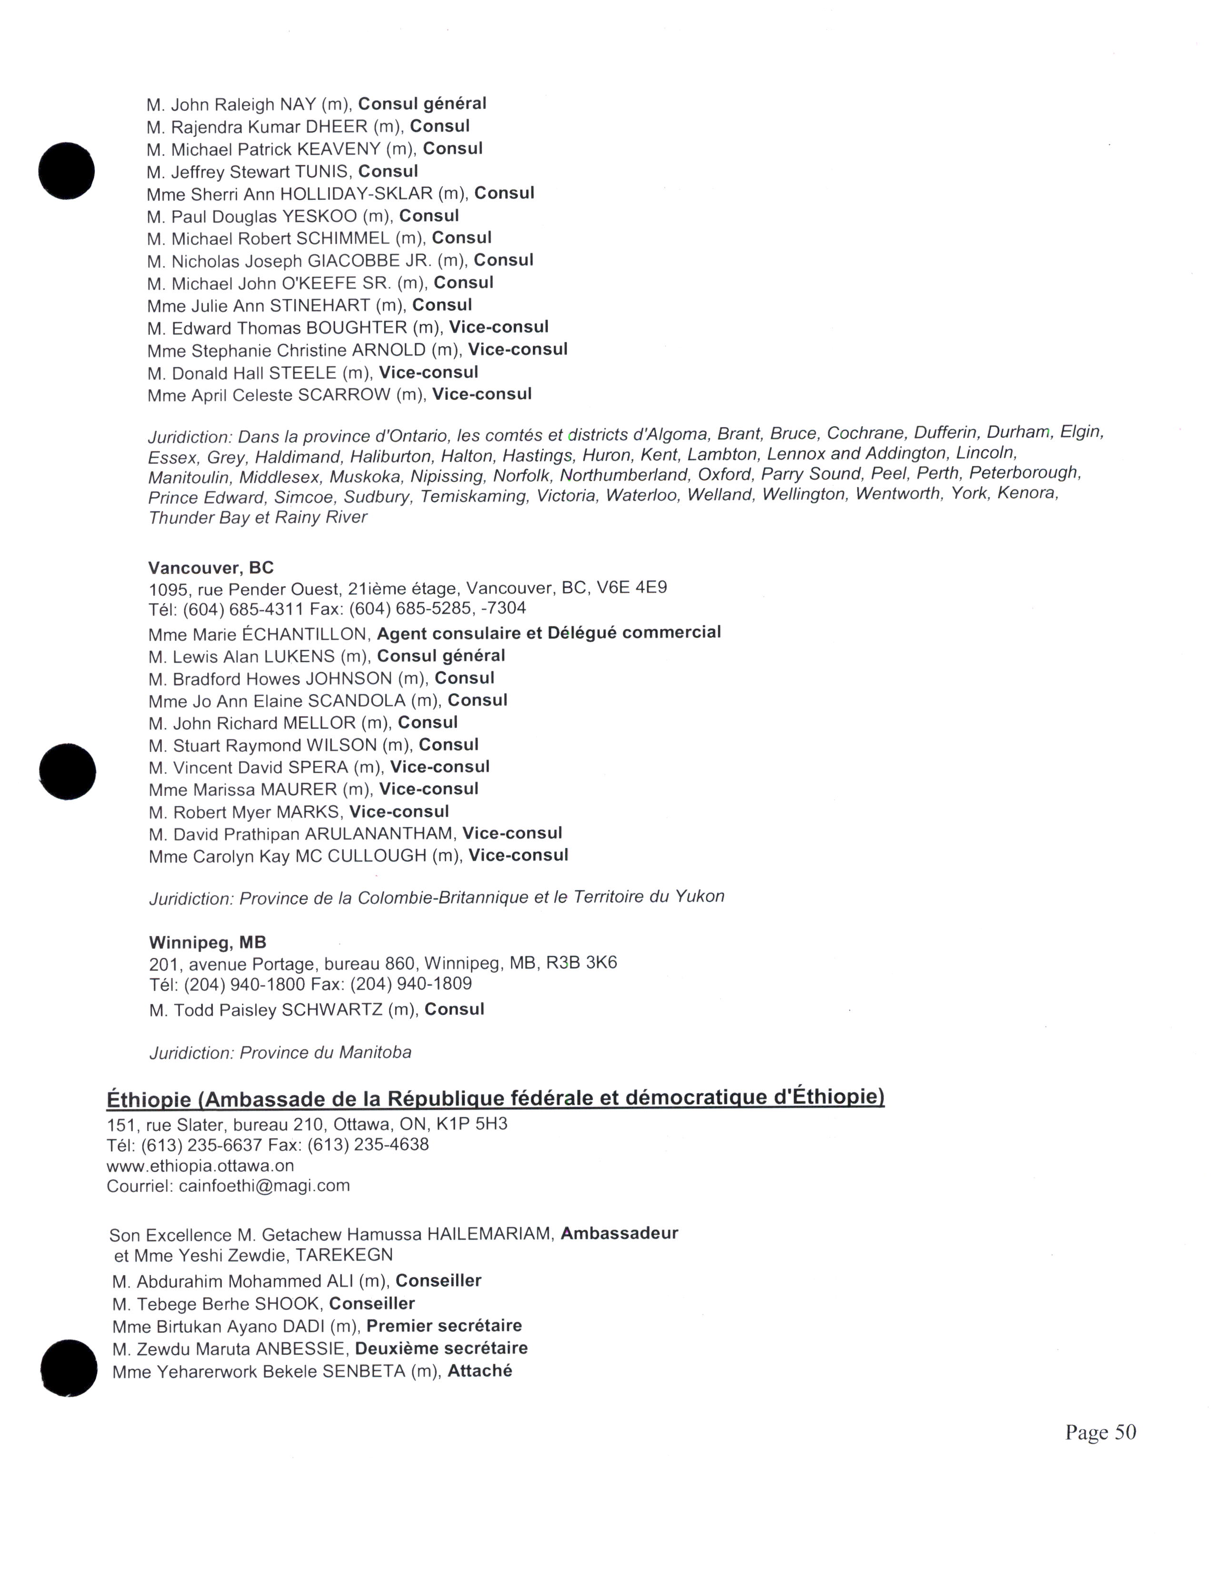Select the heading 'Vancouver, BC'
tap(211, 567)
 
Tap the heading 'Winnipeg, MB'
tap(207, 942)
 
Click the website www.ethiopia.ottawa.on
tap(200, 1165)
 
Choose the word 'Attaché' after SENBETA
tap(480, 1371)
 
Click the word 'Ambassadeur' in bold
tap(619, 1233)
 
